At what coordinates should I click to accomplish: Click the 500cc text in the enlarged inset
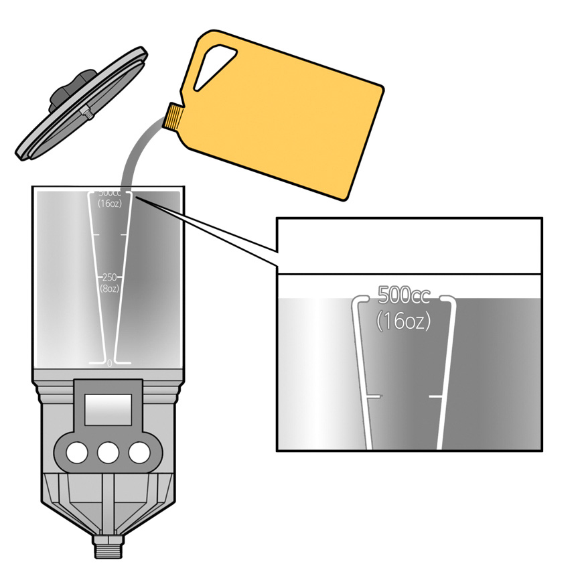click(x=405, y=295)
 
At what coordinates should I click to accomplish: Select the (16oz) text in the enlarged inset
click(x=403, y=321)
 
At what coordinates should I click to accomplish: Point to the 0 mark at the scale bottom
click(x=110, y=363)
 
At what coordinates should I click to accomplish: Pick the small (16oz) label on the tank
click(x=109, y=203)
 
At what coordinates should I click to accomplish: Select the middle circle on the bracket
click(x=108, y=453)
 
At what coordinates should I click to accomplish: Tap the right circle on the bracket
click(x=139, y=453)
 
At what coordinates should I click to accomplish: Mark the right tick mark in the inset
click(x=436, y=397)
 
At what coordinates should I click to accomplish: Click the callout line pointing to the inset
click(x=214, y=231)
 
